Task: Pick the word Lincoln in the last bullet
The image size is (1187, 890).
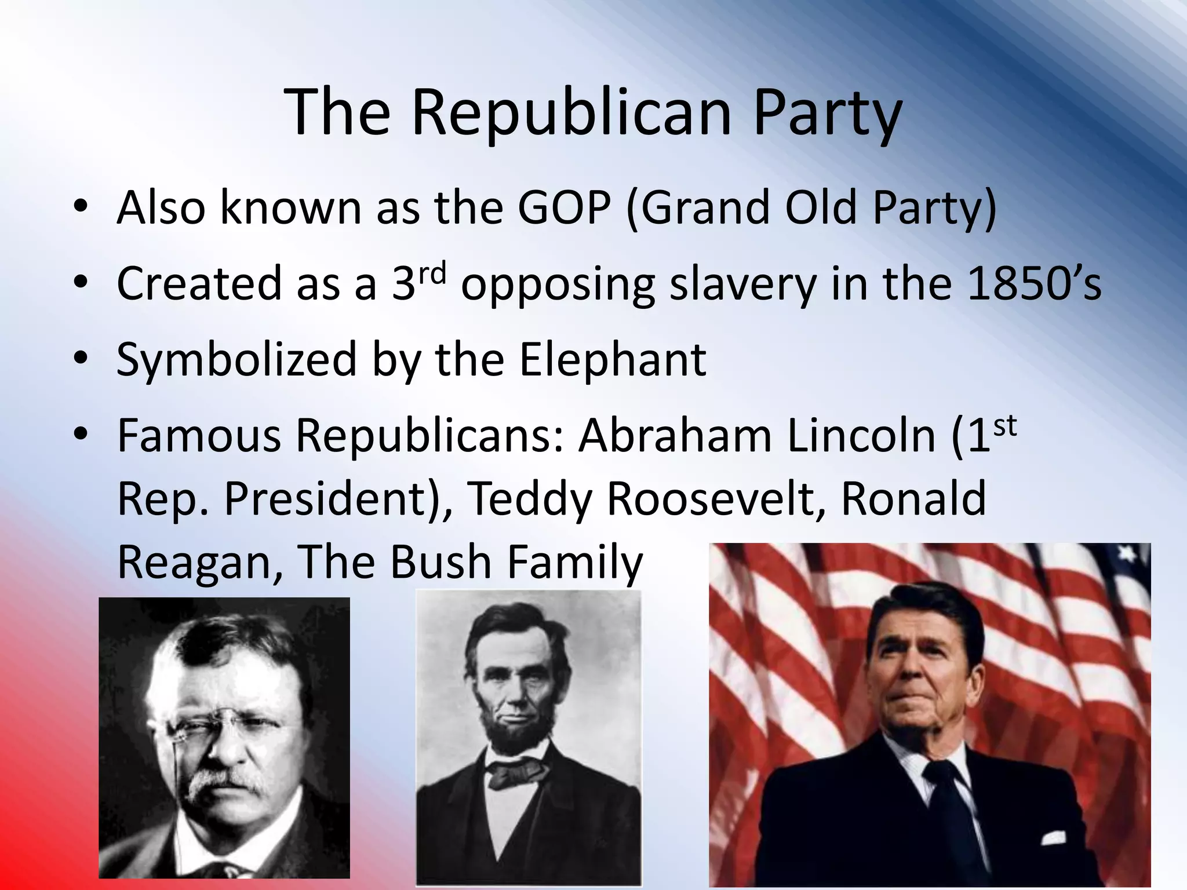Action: click(861, 436)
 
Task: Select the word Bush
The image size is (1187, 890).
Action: click(440, 562)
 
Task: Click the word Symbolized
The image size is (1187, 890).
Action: click(236, 360)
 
